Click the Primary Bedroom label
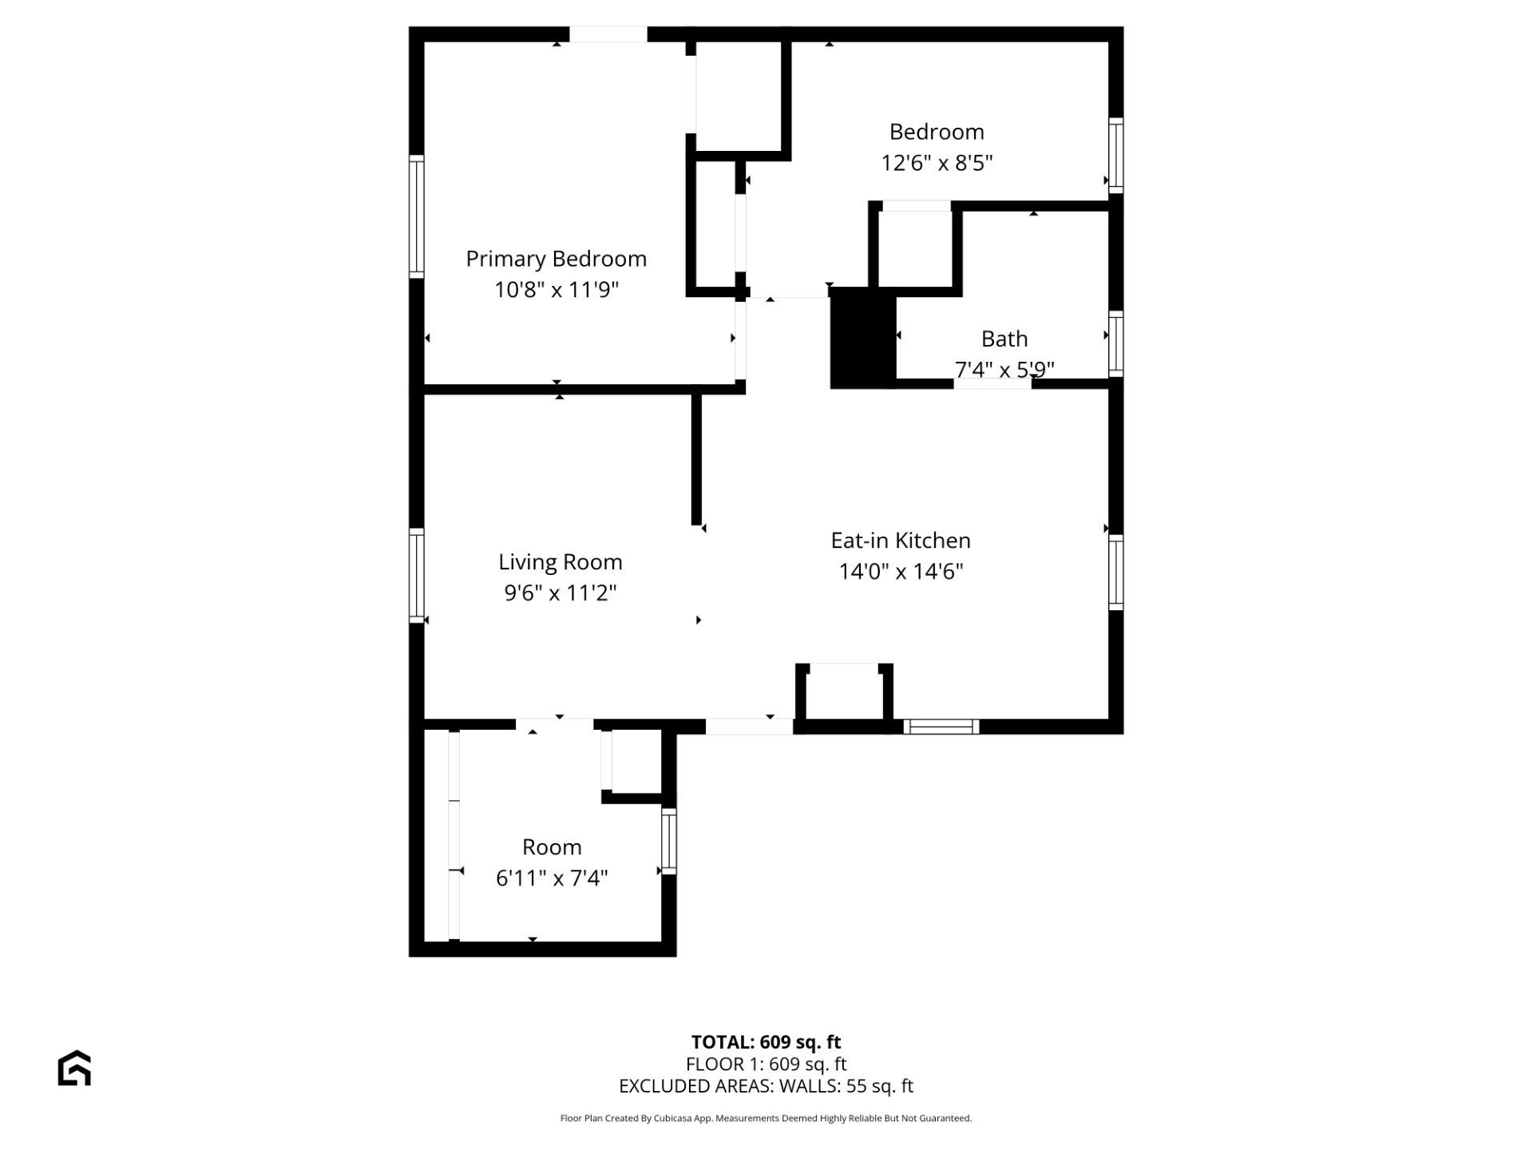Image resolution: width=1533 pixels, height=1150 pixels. [556, 259]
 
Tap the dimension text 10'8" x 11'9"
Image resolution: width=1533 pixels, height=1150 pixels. [557, 289]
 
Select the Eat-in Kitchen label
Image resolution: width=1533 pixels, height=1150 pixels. [901, 541]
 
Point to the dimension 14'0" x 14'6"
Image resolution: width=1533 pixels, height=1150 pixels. [901, 572]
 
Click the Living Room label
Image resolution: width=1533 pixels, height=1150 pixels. [561, 562]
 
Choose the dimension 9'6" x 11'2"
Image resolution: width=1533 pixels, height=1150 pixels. [561, 593]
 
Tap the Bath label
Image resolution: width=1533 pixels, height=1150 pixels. [1004, 339]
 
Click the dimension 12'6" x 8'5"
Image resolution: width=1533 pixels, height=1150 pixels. [937, 163]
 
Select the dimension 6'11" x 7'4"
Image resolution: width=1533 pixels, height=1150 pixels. [552, 878]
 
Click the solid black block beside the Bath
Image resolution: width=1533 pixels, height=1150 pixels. [863, 339]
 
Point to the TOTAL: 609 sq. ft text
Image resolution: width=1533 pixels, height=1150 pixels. [766, 1042]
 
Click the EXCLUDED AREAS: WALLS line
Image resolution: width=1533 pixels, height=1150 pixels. [766, 1086]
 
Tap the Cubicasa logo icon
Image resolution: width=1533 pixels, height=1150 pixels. [74, 1068]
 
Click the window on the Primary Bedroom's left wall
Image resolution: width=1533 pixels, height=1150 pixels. [416, 216]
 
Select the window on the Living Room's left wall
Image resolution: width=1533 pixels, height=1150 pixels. [416, 575]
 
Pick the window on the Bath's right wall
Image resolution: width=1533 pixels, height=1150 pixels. [1116, 343]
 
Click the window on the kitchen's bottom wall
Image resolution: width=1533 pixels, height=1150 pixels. [941, 727]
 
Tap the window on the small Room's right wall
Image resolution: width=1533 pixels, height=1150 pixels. [669, 841]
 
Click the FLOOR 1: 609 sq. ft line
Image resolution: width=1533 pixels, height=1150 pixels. [766, 1065]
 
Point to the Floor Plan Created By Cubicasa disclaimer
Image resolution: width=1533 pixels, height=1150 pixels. [766, 1119]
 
